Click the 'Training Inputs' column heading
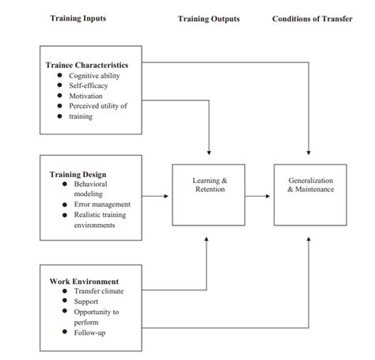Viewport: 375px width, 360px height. coord(78,18)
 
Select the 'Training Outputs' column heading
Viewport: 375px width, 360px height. coord(209,18)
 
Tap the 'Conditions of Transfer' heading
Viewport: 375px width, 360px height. coord(312,18)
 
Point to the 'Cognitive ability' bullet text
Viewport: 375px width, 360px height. coord(94,75)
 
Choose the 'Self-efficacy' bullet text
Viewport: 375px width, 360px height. coord(88,85)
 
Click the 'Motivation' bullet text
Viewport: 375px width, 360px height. coord(85,96)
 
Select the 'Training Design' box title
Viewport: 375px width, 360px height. coord(78,174)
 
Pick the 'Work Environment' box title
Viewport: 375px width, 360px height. coord(84,281)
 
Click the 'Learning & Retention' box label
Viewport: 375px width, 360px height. coord(210,184)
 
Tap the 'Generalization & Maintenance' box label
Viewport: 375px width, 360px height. coord(310,184)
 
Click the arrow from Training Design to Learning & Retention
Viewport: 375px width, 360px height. coord(156,194)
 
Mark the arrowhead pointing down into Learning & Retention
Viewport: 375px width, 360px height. coord(209,152)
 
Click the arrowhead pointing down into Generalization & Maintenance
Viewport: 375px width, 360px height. coord(310,152)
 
